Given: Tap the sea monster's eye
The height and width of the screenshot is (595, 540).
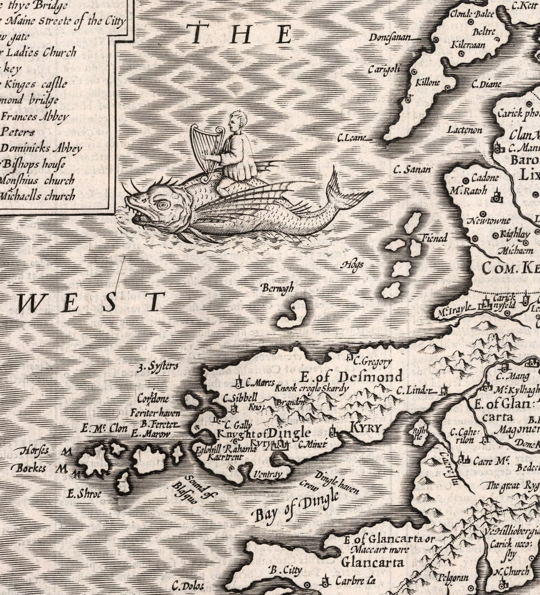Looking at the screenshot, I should coord(162,204).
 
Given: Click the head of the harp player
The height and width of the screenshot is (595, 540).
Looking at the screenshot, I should coord(238,121).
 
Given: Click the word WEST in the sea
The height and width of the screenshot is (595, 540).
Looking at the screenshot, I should coord(90,302).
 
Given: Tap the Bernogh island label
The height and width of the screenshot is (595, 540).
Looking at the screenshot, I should coord(277,289).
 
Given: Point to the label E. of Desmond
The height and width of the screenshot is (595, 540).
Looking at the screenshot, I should coord(351,377).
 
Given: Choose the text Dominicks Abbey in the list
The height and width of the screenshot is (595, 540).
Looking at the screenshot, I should coord(41,148).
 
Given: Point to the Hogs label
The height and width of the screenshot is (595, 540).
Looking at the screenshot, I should coord(353,264).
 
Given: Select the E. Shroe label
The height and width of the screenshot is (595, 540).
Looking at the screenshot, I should coord(85,494).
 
